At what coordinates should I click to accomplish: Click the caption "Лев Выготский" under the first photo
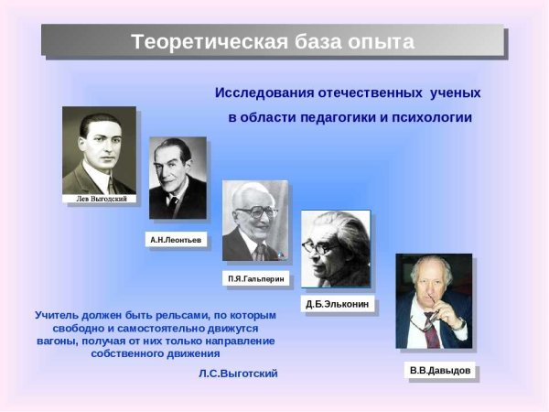(x=100, y=198)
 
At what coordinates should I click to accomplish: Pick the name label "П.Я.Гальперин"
(x=256, y=276)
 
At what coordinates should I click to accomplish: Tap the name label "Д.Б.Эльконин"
(x=338, y=304)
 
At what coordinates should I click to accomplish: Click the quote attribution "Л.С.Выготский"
(x=237, y=374)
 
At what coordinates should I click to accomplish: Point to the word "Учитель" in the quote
(x=61, y=315)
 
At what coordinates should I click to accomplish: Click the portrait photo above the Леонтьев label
(x=178, y=179)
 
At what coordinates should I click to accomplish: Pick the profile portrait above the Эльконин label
(x=336, y=249)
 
